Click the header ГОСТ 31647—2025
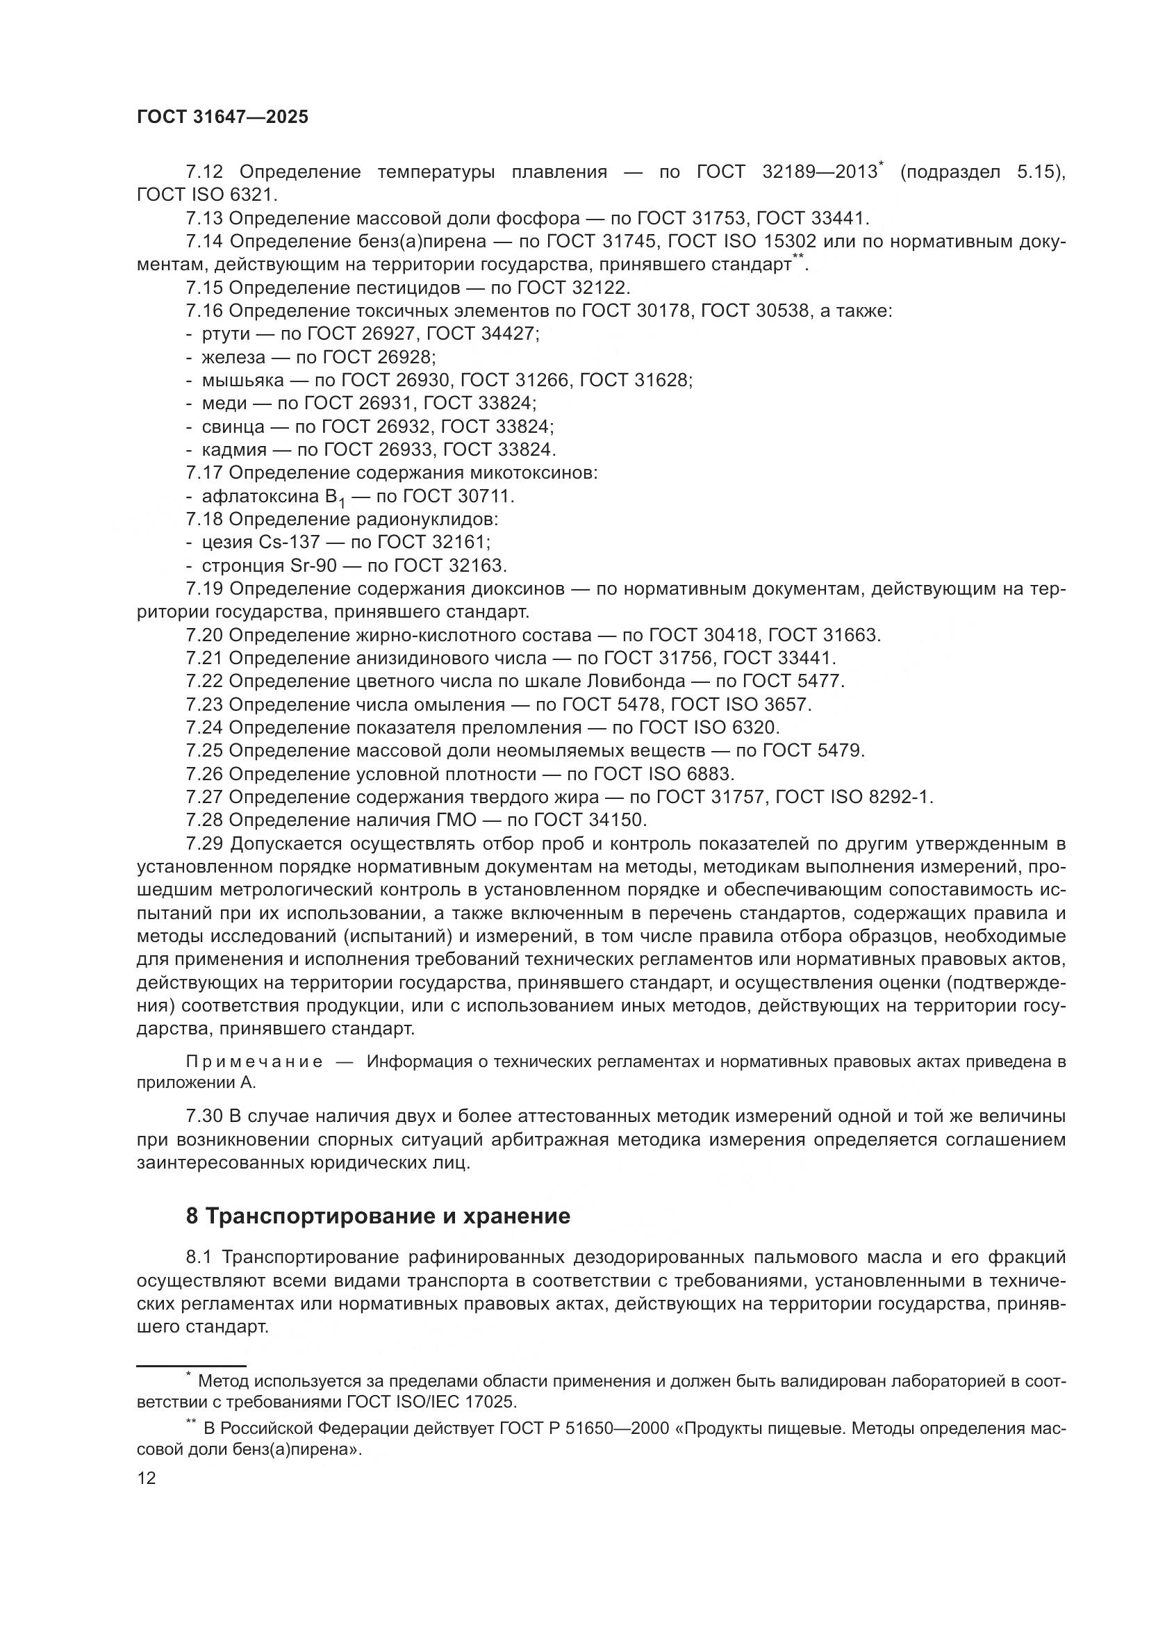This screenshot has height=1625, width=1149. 223,117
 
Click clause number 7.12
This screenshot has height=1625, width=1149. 204,172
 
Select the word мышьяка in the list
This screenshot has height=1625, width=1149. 242,380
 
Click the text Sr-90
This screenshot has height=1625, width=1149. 316,566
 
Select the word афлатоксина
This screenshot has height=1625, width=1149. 261,496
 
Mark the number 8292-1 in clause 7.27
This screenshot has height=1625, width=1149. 898,797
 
